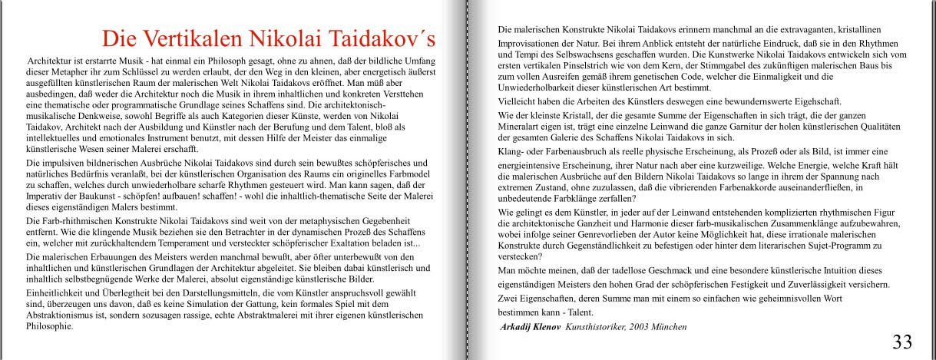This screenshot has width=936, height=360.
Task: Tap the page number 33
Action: click(902, 342)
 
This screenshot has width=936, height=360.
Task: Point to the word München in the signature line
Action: click(669, 327)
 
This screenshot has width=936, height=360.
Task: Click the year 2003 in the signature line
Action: click(640, 327)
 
